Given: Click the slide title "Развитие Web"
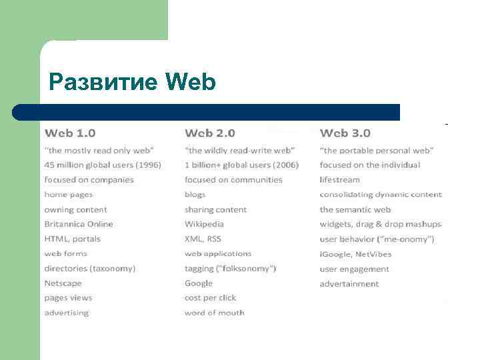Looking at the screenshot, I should (x=133, y=83).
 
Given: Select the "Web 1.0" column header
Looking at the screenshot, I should (x=70, y=133).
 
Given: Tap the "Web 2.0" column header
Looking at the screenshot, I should (x=210, y=133).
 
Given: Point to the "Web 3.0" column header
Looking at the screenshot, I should (x=345, y=133).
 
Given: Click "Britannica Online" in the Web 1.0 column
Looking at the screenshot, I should (x=79, y=224).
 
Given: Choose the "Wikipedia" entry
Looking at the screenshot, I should (x=204, y=224).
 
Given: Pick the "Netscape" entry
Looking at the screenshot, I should (x=63, y=283).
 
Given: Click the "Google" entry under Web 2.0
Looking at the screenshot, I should (x=199, y=283).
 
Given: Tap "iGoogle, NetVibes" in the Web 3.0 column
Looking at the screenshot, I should (x=355, y=254).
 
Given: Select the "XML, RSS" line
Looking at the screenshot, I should (x=203, y=239).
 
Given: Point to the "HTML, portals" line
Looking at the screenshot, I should (x=72, y=239).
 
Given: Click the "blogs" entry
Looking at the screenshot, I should (x=195, y=195).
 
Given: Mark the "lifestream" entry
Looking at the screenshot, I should (x=339, y=180).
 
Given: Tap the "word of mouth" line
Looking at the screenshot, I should (x=215, y=313).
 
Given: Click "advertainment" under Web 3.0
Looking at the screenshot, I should (x=349, y=284).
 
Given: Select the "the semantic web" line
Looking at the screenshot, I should (x=355, y=209).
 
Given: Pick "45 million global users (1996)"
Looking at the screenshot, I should (x=103, y=165).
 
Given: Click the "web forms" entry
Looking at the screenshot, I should (x=65, y=254).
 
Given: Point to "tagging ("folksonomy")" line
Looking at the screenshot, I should (x=230, y=269).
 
